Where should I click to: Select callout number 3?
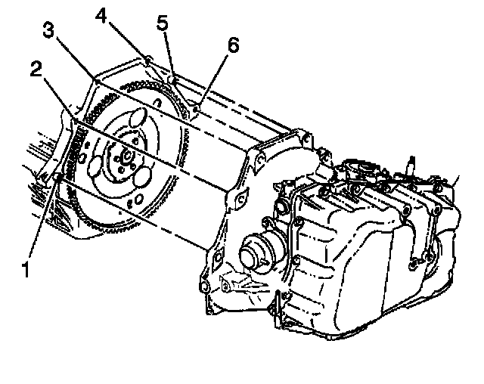48,32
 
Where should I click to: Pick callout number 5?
162,23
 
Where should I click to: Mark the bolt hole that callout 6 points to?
194,109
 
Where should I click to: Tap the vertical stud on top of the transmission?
410,161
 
